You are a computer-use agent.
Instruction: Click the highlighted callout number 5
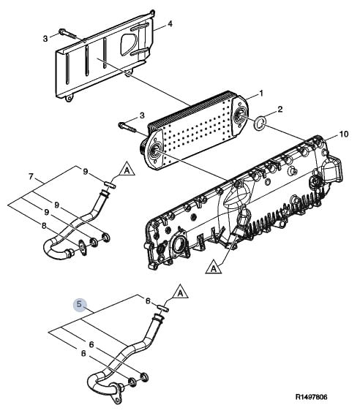79,304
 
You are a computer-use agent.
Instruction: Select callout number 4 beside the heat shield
170,24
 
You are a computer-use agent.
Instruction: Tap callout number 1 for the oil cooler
261,94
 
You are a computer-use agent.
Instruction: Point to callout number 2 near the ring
280,109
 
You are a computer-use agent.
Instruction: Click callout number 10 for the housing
343,134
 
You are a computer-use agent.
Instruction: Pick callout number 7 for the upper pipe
31,176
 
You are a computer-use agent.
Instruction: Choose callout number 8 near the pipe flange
44,226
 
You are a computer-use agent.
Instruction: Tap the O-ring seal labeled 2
260,124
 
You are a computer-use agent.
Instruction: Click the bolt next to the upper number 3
68,34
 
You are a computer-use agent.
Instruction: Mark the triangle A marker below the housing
214,268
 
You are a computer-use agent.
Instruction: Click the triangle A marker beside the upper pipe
127,170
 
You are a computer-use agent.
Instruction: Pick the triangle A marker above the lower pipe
180,292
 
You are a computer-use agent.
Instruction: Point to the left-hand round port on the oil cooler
154,151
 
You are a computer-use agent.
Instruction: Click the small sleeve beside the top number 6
162,308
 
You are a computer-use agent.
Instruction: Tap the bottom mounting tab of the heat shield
69,98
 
